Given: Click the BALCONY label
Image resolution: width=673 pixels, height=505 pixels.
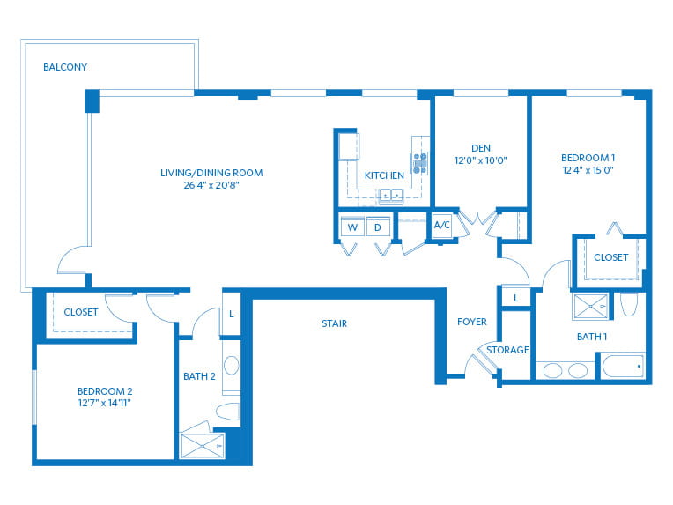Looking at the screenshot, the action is pos(65,67).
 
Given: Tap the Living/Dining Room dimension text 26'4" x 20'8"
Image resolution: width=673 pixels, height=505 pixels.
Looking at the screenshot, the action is pos(211,185).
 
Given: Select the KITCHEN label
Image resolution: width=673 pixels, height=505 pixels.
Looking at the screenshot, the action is pos(384,175).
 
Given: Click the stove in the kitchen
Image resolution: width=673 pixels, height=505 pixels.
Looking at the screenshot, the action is pos(420,163).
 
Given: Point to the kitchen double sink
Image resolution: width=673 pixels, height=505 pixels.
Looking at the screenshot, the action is pos(391,196).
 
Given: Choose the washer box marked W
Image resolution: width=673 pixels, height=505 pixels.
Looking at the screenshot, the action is pos(352,227).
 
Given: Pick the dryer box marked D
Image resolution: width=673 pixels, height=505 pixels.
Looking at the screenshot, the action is pos(378,227).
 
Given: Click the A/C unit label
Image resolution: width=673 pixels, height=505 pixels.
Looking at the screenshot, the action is pos(442,225).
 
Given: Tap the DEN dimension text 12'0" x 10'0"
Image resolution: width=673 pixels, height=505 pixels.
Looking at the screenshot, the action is pos(481,160).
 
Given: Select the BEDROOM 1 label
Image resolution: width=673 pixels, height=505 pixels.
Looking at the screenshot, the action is pos(588,158).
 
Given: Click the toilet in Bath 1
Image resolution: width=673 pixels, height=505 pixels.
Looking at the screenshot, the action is pos(629,304).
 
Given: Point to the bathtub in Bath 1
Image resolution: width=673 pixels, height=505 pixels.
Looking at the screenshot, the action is pos(623,366).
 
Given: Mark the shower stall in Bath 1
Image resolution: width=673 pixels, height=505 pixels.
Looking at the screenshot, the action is pos(590,306).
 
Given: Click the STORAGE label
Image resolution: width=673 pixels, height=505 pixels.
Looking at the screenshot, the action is pos(507,350).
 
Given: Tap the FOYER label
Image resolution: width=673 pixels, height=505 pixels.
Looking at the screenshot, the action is pos(471,322).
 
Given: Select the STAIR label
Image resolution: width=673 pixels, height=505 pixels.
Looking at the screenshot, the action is pos(335,323).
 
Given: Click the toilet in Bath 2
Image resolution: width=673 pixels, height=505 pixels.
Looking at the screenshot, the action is pos(228,412).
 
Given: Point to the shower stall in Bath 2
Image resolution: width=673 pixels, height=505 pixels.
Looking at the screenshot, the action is pos(203,446).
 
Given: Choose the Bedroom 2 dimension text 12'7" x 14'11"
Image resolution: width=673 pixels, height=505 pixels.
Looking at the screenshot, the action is pos(104,403).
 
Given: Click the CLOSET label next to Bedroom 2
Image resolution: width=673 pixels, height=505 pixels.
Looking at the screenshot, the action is pos(81,312).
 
